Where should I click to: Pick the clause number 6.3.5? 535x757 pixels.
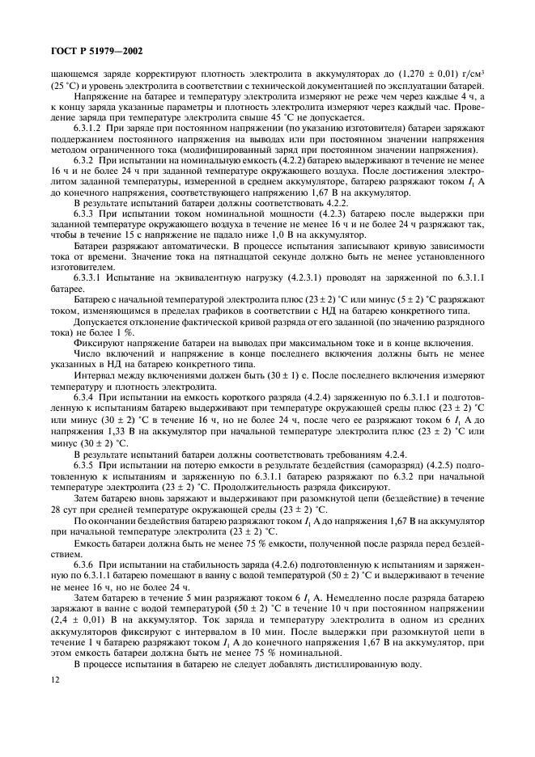coord(84,470)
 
